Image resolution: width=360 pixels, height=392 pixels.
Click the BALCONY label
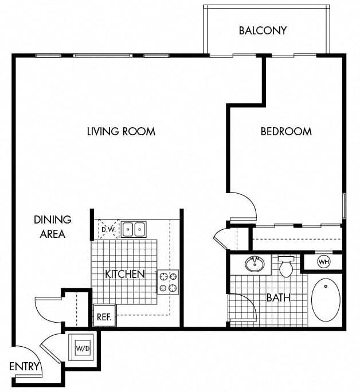(263, 30)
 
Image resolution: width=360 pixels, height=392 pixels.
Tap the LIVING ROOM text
(121, 131)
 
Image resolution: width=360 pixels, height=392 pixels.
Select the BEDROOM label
(286, 131)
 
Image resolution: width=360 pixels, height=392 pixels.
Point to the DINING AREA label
(52, 226)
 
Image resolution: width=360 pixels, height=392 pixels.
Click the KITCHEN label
(124, 274)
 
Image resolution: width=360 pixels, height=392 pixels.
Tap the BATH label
(278, 298)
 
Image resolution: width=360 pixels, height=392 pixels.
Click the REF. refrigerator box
(104, 316)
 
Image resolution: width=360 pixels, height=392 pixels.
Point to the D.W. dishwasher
(108, 230)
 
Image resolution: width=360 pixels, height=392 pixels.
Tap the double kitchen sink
(133, 230)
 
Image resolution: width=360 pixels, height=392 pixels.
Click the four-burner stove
(167, 282)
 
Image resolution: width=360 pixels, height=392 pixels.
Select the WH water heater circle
(323, 262)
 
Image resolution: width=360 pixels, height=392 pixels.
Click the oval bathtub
(326, 300)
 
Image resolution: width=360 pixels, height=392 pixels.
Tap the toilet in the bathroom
(286, 266)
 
